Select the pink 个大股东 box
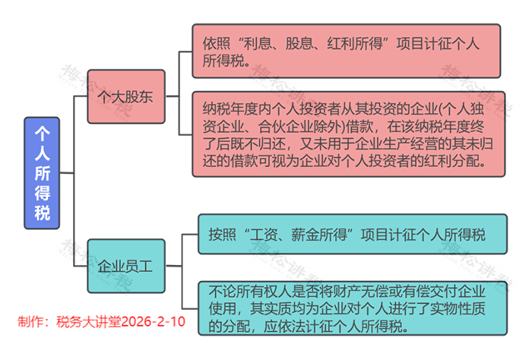pyautogui.click(x=125, y=97)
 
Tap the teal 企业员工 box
pyautogui.click(x=125, y=267)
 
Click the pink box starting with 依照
pyautogui.click(x=346, y=51)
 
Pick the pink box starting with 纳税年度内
pyautogui.click(x=346, y=134)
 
